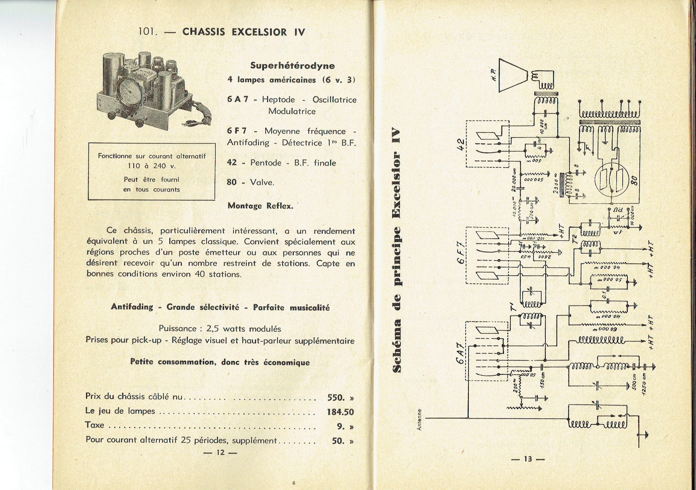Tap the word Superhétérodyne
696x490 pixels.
(293, 66)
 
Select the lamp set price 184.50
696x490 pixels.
(340, 412)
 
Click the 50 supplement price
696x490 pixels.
(338, 440)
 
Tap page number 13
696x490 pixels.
(528, 467)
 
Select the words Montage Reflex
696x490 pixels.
(260, 206)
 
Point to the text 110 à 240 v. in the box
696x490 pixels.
(151, 166)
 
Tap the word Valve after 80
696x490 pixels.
(262, 182)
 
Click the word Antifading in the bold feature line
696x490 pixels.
(132, 307)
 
